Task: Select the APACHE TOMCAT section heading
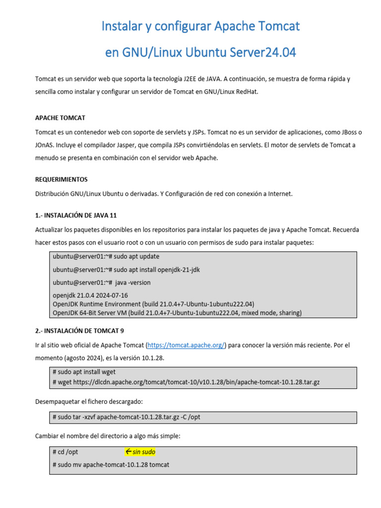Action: (60, 118)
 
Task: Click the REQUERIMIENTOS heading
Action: (62, 179)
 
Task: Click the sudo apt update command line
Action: (106, 257)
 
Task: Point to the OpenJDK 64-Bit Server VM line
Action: (177, 313)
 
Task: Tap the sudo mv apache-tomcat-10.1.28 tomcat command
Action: (111, 465)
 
